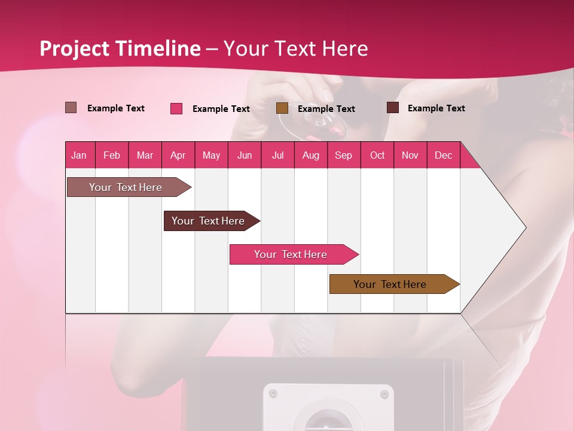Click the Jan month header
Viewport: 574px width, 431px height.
click(x=79, y=155)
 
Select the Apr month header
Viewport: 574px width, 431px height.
click(x=178, y=155)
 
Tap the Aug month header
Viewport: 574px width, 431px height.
click(x=310, y=155)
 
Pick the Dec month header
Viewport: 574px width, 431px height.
click(x=443, y=155)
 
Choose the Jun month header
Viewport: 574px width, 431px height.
click(x=244, y=155)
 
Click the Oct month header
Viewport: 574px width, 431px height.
click(x=377, y=155)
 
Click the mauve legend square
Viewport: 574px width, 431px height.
click(x=71, y=108)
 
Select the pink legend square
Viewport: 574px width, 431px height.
click(x=176, y=108)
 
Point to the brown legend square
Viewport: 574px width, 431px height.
click(x=282, y=108)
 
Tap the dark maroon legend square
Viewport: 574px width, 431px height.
click(x=392, y=108)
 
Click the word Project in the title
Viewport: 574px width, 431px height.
click(x=75, y=48)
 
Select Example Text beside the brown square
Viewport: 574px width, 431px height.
click(x=326, y=108)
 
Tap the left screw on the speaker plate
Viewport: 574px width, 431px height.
click(x=273, y=393)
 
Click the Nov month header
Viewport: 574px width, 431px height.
click(x=410, y=155)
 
